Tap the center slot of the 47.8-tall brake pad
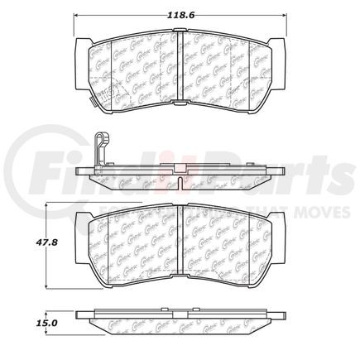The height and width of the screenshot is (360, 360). click(180, 244)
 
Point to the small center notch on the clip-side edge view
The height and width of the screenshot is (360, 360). click(180, 172)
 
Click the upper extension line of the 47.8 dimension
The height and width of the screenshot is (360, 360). click(62, 204)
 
